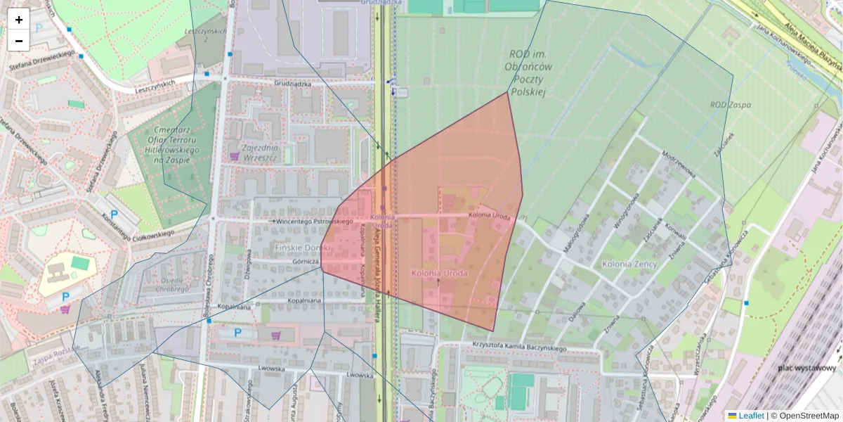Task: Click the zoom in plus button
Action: [19, 20]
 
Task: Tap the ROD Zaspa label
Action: [730, 105]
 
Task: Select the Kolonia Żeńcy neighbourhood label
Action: [629, 264]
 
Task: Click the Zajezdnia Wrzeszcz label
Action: [260, 153]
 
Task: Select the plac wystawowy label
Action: [806, 368]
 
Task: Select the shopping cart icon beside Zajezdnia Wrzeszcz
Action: [234, 155]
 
